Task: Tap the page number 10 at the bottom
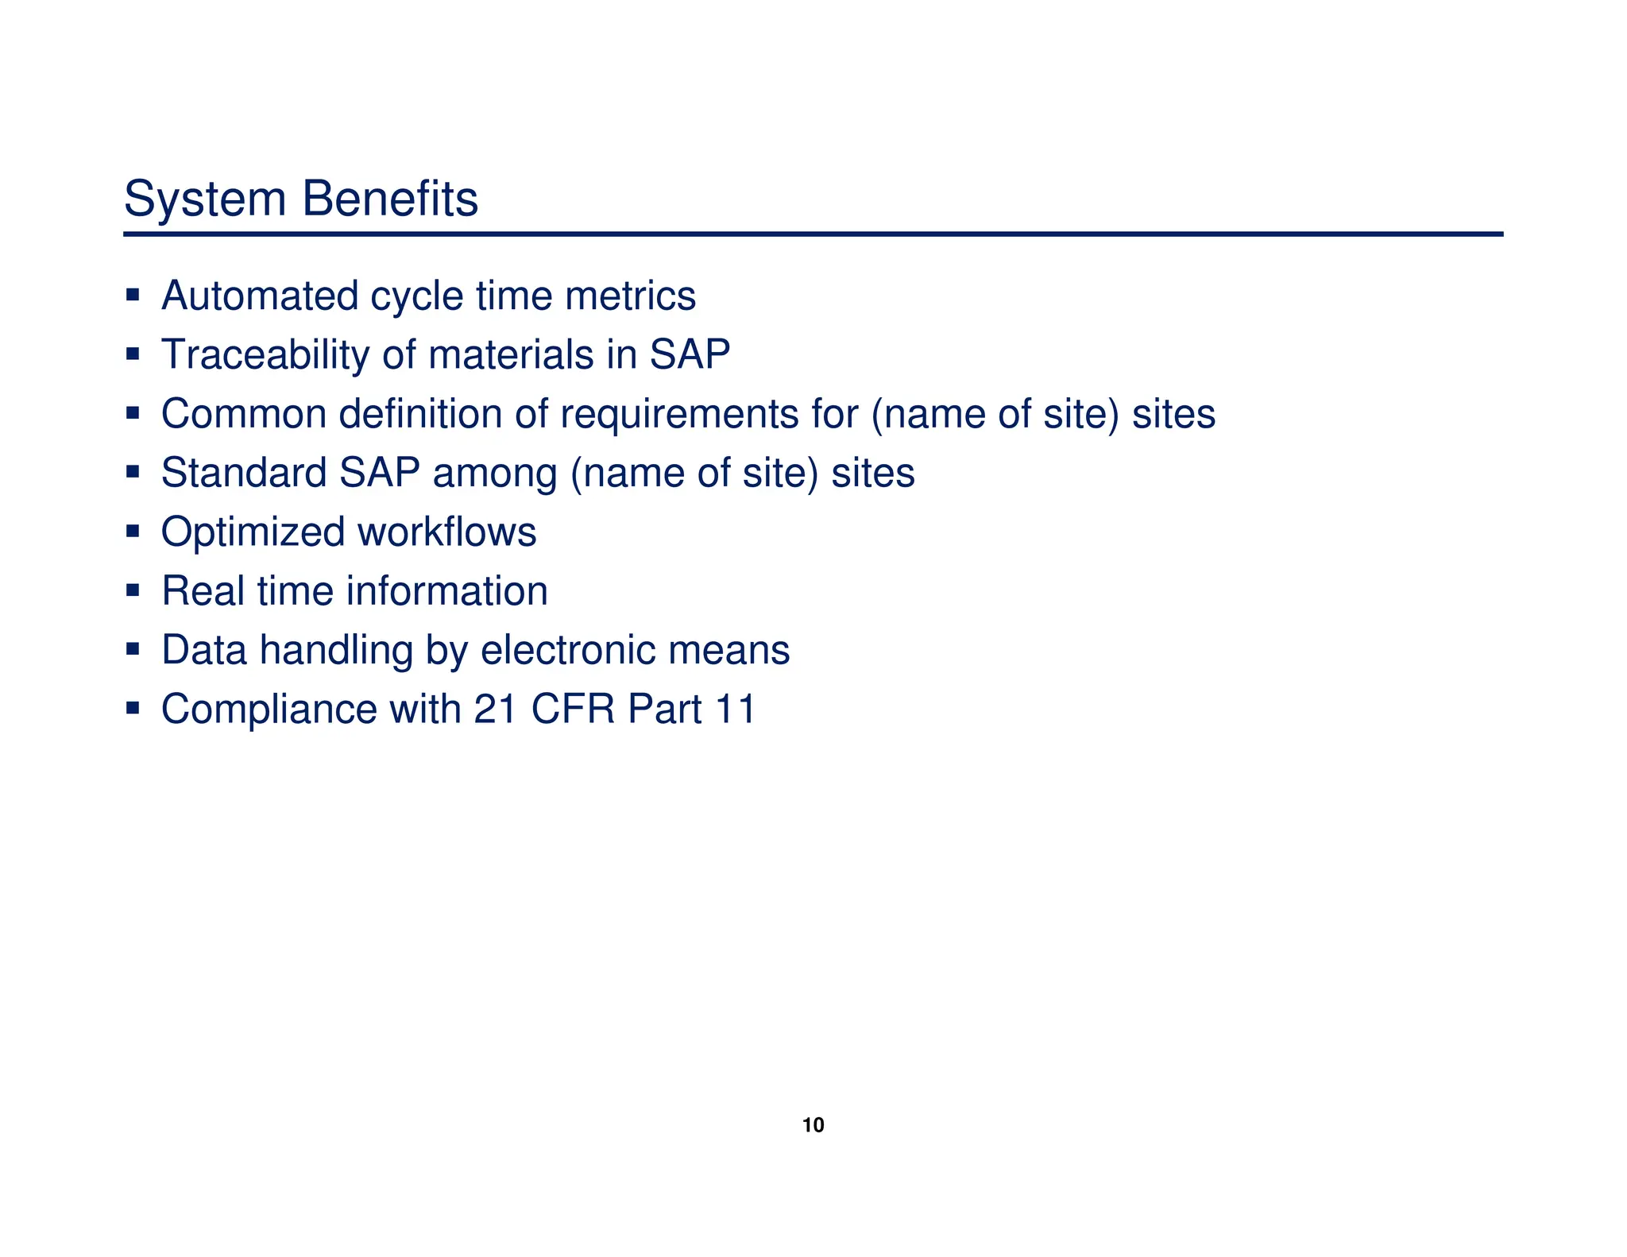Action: (x=813, y=1125)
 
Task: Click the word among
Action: (x=495, y=473)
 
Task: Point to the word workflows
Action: (x=447, y=532)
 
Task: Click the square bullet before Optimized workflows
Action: (x=133, y=530)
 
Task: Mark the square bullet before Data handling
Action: (x=133, y=648)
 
